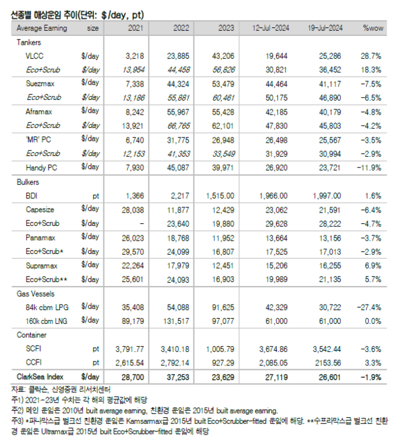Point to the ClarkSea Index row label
(x=40, y=377)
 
